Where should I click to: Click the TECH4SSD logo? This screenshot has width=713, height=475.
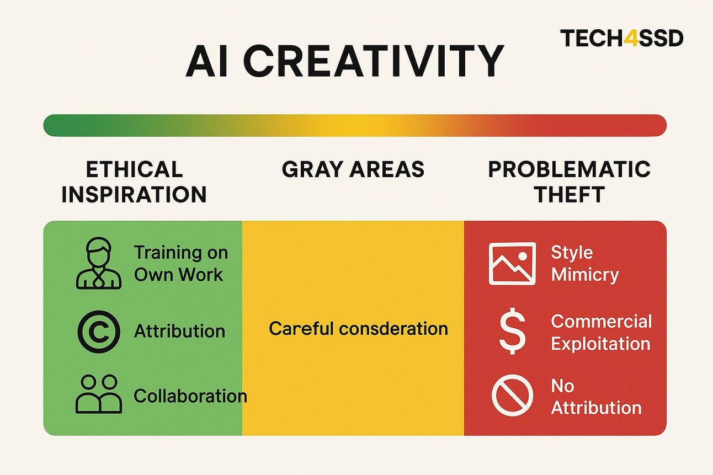pos(622,39)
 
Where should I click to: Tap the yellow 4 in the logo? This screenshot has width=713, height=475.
pos(630,39)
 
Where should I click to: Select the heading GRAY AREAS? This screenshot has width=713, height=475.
pos(353,169)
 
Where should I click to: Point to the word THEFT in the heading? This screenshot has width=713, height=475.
pos(569,194)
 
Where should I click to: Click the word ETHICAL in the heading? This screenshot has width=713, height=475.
pos(134,169)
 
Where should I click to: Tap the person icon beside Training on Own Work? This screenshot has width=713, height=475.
pos(99,263)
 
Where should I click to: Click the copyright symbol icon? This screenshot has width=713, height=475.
pos(99,332)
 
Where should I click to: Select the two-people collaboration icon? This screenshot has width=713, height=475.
pos(99,394)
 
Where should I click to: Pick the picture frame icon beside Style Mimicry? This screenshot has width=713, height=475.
pos(512,264)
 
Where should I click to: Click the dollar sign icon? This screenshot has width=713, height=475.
pos(512,331)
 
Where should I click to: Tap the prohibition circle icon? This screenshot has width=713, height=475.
pos(512,395)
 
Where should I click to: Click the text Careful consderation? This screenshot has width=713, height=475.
pos(358,329)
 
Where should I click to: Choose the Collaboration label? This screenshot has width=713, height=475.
pos(190,396)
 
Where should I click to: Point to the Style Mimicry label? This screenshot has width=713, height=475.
pos(585,264)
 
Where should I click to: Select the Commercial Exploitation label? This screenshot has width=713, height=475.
pos(602,332)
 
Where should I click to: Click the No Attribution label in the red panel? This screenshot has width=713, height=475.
pos(596,397)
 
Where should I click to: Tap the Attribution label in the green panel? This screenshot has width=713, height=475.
pos(179,331)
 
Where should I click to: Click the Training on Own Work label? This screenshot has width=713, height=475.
pos(181,264)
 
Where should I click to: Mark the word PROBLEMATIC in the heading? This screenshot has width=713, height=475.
pos(569,169)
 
